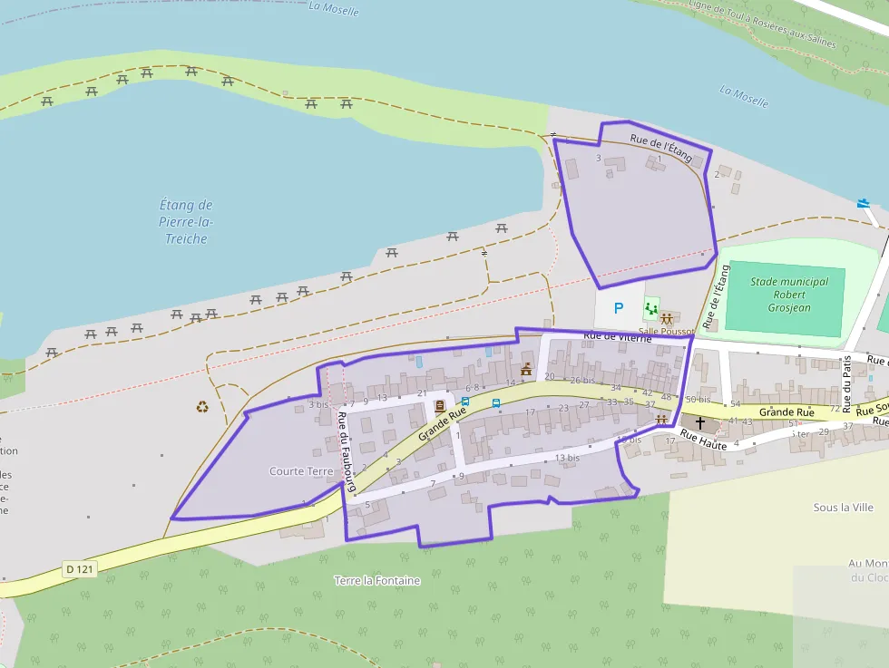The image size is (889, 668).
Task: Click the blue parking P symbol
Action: point(619,308)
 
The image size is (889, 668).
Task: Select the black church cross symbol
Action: point(699,423)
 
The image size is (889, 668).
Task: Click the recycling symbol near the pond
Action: point(202,406)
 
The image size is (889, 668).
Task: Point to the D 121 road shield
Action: point(81,569)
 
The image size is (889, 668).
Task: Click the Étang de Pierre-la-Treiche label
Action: point(186,222)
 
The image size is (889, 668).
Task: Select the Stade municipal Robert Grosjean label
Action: point(789,295)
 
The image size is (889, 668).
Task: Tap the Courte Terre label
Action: point(302,471)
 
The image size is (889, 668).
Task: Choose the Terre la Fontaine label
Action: point(377,580)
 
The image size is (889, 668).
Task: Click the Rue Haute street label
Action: point(703,436)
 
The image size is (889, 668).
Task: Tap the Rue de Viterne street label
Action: point(618,336)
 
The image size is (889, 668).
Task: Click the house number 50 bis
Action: point(698,400)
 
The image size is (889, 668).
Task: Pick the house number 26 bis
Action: point(582,381)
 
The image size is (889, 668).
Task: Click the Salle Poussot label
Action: point(667,331)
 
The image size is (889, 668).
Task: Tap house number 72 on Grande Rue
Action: point(835,409)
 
